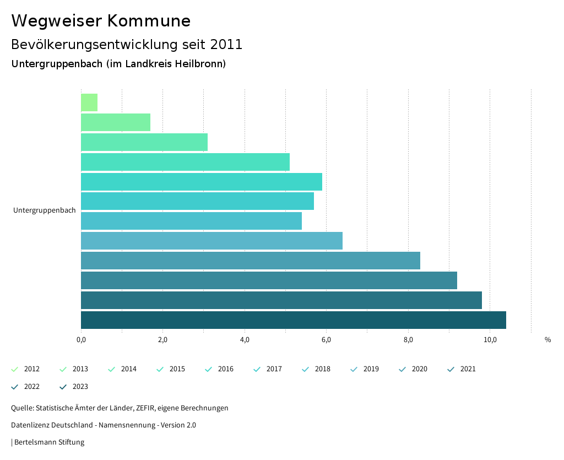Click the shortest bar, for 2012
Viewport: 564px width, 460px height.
89,102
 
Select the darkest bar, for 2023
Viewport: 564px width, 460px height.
293,320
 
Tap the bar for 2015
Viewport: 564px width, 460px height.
185,162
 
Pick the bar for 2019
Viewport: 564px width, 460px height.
211,241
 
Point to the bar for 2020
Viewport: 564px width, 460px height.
250,261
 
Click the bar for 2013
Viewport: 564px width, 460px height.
116,122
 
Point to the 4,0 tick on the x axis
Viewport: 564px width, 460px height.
245,339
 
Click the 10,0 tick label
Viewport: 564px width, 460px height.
490,339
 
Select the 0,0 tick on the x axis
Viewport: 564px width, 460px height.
81,339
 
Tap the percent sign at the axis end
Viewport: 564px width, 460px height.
547,340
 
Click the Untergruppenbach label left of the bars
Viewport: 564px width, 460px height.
45,210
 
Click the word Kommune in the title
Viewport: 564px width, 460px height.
149,21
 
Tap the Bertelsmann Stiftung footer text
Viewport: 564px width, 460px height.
49,442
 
